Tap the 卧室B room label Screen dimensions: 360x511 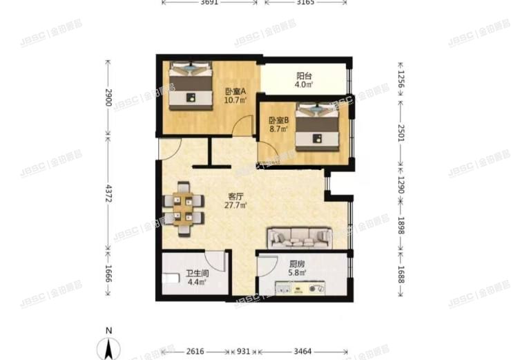click(278, 120)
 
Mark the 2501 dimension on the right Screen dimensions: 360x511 click(400, 134)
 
